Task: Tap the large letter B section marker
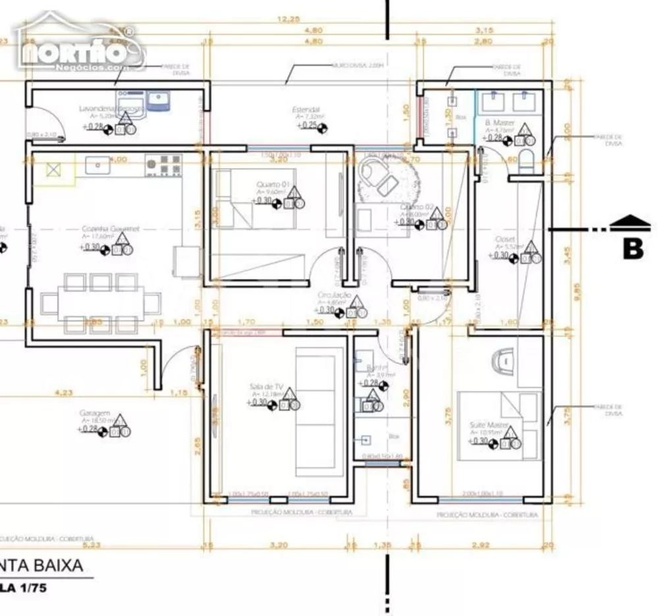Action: [x=633, y=249]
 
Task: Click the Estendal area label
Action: [x=306, y=109]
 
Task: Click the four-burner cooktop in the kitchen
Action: [x=163, y=165]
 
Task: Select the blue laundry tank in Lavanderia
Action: [x=158, y=99]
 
